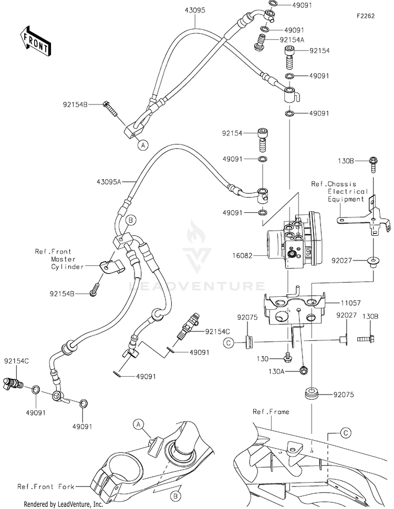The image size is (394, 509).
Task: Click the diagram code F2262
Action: [366, 16]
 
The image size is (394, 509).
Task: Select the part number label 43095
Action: [195, 11]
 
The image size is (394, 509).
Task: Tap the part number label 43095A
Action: [109, 182]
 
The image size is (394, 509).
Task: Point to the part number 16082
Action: [242, 255]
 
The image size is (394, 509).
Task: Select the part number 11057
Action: [351, 303]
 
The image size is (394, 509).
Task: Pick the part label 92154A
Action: [292, 40]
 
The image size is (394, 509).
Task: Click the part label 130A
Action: [276, 371]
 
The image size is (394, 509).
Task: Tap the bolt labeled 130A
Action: [304, 370]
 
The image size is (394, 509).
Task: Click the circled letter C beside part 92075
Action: [229, 342]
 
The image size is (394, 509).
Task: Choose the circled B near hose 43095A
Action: [131, 220]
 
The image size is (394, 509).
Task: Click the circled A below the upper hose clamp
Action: [142, 145]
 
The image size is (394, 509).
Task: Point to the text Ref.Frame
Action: [271, 412]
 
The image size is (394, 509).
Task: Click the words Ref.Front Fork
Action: [46, 486]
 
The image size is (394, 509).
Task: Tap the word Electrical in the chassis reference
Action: [348, 192]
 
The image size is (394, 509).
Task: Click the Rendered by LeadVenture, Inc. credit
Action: [63, 504]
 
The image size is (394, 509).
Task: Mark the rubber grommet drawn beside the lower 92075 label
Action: [312, 394]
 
